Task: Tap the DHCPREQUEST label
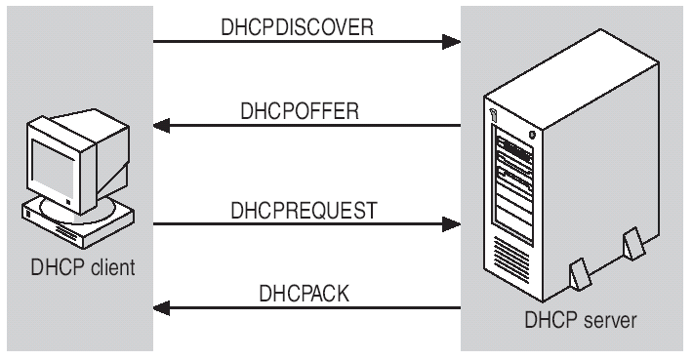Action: [x=306, y=209]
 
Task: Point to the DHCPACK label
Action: [x=306, y=293]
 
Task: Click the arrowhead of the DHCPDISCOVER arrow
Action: [x=450, y=42]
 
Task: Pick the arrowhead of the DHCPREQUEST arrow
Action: [x=450, y=224]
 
